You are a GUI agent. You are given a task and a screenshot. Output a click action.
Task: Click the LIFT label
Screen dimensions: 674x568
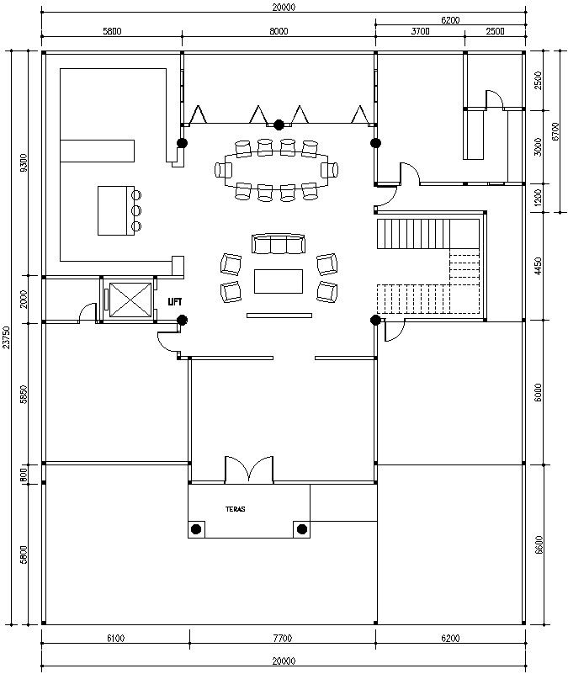pos(175,301)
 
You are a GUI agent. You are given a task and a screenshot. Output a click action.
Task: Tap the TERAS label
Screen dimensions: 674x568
pos(236,509)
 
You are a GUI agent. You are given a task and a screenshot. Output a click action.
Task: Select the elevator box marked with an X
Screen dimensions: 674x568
pos(130,300)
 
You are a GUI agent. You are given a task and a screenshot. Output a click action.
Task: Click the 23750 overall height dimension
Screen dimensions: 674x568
pos(8,337)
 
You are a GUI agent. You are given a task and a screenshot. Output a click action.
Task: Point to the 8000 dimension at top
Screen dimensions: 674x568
pos(279,31)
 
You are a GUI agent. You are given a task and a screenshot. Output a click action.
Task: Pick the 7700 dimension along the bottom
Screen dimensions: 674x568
pos(283,639)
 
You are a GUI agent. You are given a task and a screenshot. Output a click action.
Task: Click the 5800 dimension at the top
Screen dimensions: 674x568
pos(112,31)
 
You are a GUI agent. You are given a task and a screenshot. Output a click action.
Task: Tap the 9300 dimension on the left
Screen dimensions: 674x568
pos(24,163)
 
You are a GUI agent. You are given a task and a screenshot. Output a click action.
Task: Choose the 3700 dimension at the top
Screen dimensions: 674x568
pos(420,31)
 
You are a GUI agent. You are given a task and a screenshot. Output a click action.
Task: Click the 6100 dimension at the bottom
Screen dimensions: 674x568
pos(115,639)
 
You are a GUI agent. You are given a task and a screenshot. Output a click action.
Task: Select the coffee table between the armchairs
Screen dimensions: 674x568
pos(279,280)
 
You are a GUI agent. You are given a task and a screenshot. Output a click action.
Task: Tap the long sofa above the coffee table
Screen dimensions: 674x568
pos(278,244)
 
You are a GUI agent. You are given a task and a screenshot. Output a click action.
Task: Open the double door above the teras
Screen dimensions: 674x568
pos(248,470)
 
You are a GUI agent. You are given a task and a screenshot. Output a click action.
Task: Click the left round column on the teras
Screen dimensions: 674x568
pos(196,528)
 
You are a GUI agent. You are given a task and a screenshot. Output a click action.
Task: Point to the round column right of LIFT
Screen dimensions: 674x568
pos(182,319)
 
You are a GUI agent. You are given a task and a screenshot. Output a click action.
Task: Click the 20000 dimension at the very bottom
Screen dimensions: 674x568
pos(283,661)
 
